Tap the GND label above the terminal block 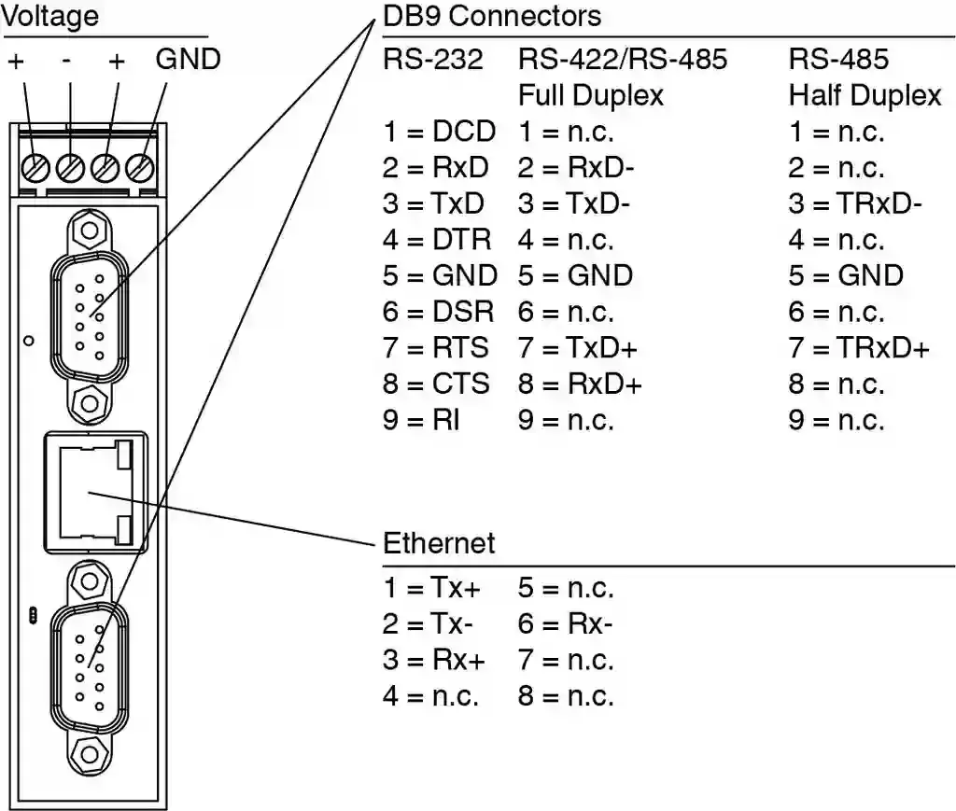coord(188,60)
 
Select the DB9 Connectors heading coord(492,16)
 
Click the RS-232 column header coord(433,60)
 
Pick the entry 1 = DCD coord(439,132)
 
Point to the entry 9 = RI coord(421,420)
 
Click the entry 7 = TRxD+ coord(859,348)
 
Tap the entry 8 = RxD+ coord(580,384)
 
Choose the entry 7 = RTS coord(435,348)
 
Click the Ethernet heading coord(439,543)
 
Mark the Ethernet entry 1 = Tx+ coord(432,588)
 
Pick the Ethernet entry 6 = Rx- coord(566,624)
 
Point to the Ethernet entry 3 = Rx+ coord(433,660)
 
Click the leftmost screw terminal coord(36,169)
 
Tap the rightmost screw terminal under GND coord(139,169)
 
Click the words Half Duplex coord(865,95)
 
